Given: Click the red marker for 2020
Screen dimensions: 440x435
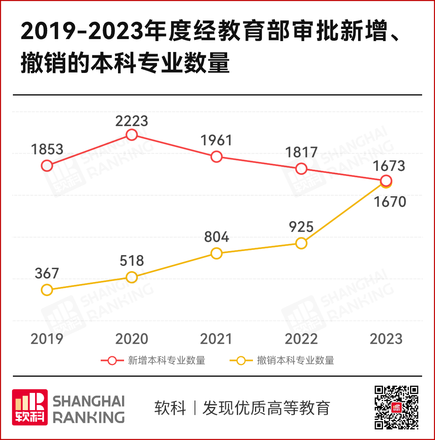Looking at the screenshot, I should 132,135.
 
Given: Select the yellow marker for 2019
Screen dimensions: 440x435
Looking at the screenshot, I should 47,290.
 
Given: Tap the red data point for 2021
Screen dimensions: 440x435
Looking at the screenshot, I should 217,156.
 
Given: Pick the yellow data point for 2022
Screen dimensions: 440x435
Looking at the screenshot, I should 301,243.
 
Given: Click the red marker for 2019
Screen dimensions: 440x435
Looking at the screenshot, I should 47,165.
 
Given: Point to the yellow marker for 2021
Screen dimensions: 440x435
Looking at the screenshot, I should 217,253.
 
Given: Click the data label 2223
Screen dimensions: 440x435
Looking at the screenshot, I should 132,120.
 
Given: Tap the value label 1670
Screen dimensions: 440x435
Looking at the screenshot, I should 389,201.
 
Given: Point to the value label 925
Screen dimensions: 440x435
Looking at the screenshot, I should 301,226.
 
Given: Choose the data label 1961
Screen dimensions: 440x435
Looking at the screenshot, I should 217,140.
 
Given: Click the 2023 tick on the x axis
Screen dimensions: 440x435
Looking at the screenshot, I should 386,339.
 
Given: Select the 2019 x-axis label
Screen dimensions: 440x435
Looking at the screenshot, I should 47,339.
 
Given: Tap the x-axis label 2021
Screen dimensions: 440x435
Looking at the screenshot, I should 217,339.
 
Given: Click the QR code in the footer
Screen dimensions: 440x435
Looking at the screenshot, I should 397,407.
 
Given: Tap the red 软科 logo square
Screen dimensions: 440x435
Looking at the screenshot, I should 30,407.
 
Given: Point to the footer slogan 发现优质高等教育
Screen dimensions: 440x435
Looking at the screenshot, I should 266,408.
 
